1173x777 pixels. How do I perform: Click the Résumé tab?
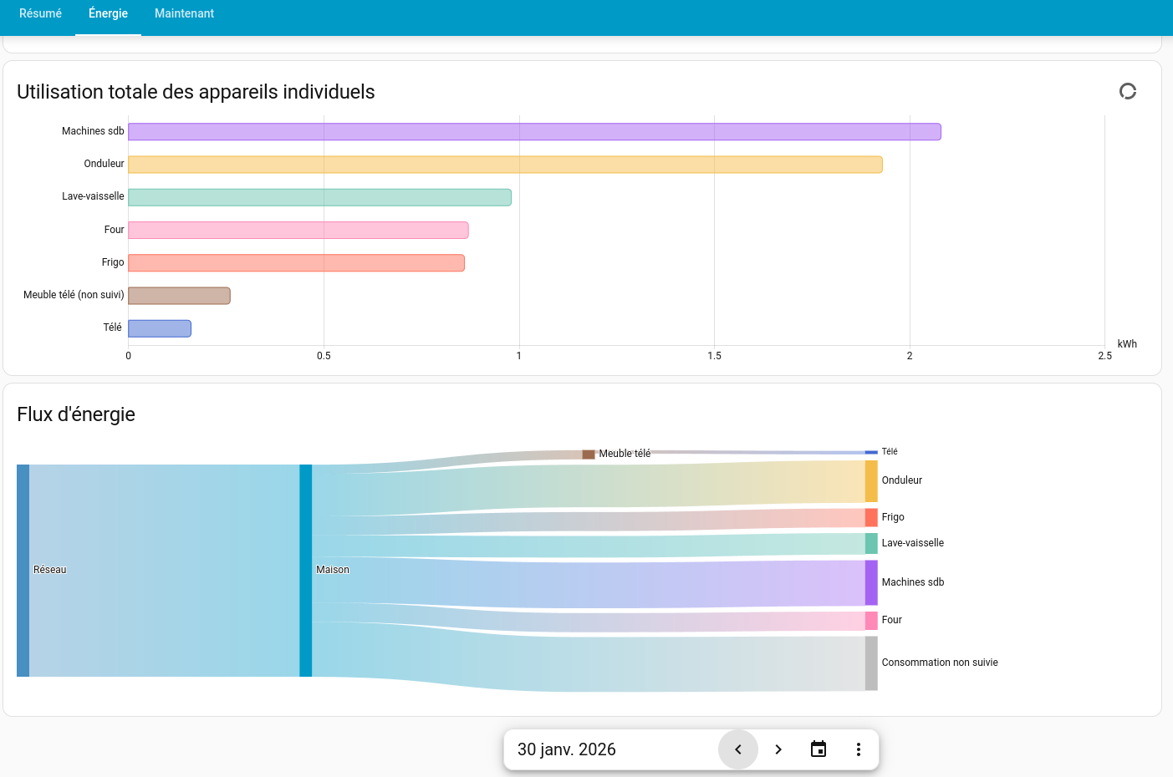tap(40, 13)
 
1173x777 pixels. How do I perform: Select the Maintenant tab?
tap(184, 13)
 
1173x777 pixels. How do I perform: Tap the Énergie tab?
tap(108, 13)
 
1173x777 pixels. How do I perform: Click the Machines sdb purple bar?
tap(533, 132)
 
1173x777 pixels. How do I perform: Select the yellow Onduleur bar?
tap(504, 165)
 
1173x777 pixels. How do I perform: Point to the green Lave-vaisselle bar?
tap(319, 197)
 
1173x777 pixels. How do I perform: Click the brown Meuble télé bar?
tap(179, 296)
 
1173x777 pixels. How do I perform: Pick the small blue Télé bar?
tap(160, 328)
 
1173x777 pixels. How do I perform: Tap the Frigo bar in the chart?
tap(296, 263)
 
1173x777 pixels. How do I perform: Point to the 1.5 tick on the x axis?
tap(714, 356)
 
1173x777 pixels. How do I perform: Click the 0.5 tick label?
tap(324, 356)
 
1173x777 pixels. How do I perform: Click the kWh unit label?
tap(1126, 344)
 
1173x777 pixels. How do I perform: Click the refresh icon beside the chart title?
tap(1128, 91)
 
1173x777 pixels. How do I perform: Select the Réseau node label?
tap(49, 570)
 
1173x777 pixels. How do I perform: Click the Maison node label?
tap(333, 570)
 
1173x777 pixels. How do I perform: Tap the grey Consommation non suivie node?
tap(871, 663)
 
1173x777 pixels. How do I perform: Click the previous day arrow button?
tap(738, 749)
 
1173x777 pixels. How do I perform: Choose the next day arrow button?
tap(778, 749)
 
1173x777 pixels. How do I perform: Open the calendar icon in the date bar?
tap(819, 749)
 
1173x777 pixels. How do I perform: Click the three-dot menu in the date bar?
tap(859, 749)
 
